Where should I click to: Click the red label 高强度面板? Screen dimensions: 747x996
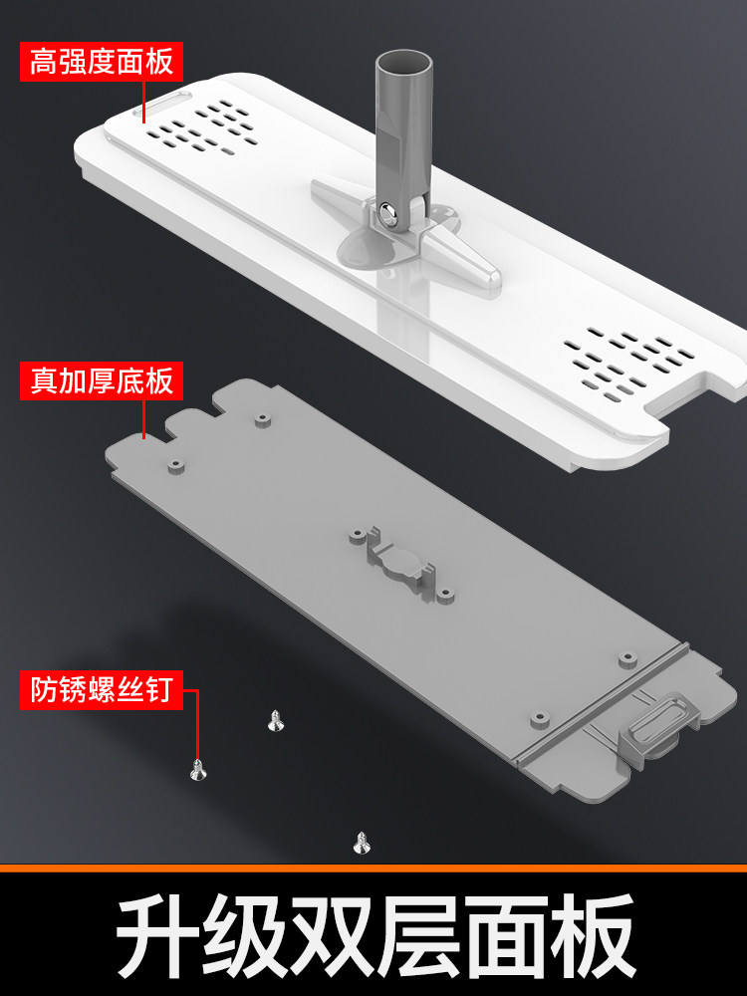(x=102, y=62)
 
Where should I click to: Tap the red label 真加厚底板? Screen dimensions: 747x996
(x=102, y=381)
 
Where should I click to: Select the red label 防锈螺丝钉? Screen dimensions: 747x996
(x=102, y=690)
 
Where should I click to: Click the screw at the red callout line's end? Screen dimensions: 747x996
(x=198, y=770)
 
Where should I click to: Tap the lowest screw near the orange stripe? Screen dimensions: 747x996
(x=362, y=843)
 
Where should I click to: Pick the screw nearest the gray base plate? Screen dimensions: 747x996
(x=275, y=721)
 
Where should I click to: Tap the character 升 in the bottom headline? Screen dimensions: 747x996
(x=158, y=934)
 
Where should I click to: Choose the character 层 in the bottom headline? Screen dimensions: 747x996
(x=418, y=934)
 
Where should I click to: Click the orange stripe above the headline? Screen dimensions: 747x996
(x=373, y=868)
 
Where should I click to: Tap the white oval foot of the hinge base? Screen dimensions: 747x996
(x=367, y=250)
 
